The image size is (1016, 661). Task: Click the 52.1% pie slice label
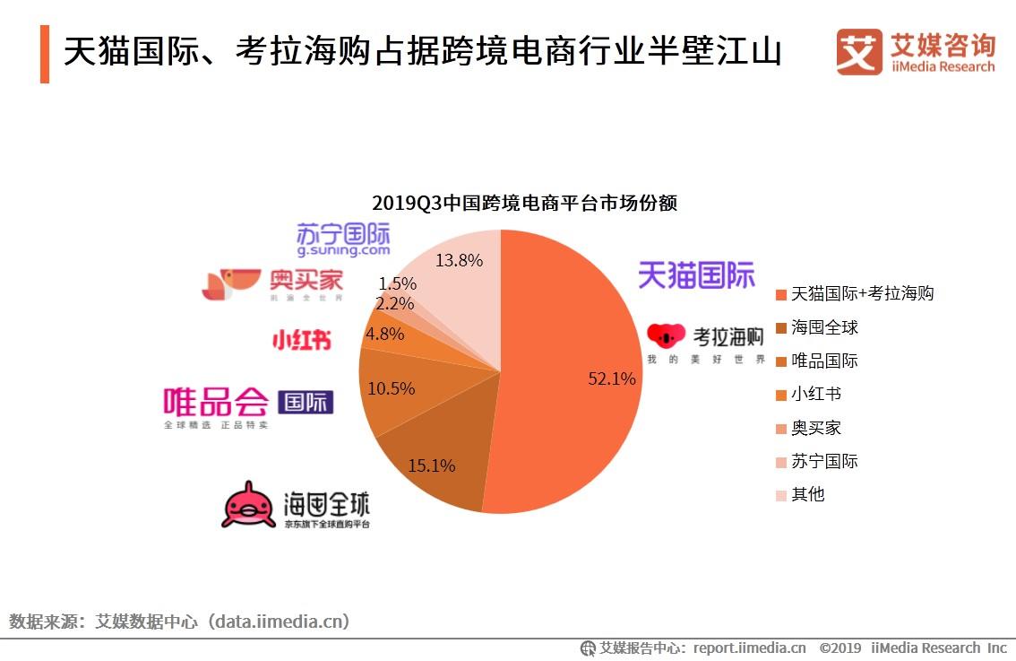pos(611,378)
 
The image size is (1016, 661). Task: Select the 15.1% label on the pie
pos(431,465)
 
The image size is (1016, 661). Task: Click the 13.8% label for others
pos(459,261)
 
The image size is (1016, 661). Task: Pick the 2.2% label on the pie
pos(394,303)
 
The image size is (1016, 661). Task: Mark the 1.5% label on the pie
pos(396,283)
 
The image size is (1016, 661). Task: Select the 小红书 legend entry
pos(815,394)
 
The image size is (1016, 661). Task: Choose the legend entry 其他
pos(807,494)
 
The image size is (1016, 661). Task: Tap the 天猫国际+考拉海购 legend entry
pos(862,293)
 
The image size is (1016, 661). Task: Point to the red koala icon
pos(666,336)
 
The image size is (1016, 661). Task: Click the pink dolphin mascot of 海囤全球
pos(248,505)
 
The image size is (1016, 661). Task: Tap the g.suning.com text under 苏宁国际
pos(343,251)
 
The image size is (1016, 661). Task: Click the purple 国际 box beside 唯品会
pos(306,402)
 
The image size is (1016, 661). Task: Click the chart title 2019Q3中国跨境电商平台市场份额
pos(524,203)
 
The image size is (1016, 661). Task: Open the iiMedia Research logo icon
pos(859,52)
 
